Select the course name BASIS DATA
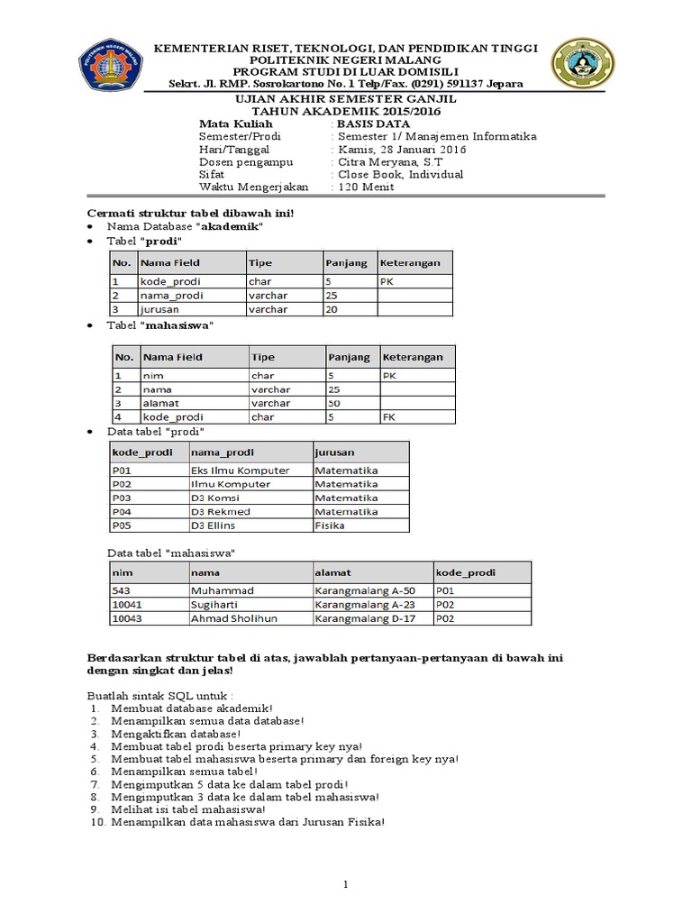[x=373, y=123]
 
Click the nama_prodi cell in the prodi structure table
[x=171, y=295]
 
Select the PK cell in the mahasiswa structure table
[x=389, y=374]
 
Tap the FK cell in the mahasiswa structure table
[x=389, y=417]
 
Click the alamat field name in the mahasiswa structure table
[x=161, y=403]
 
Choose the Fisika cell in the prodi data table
[x=330, y=525]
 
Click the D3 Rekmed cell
[x=220, y=511]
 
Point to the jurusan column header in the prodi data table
[x=334, y=452]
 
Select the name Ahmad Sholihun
[x=233, y=619]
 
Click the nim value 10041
[x=127, y=605]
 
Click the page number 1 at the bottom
[x=345, y=885]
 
